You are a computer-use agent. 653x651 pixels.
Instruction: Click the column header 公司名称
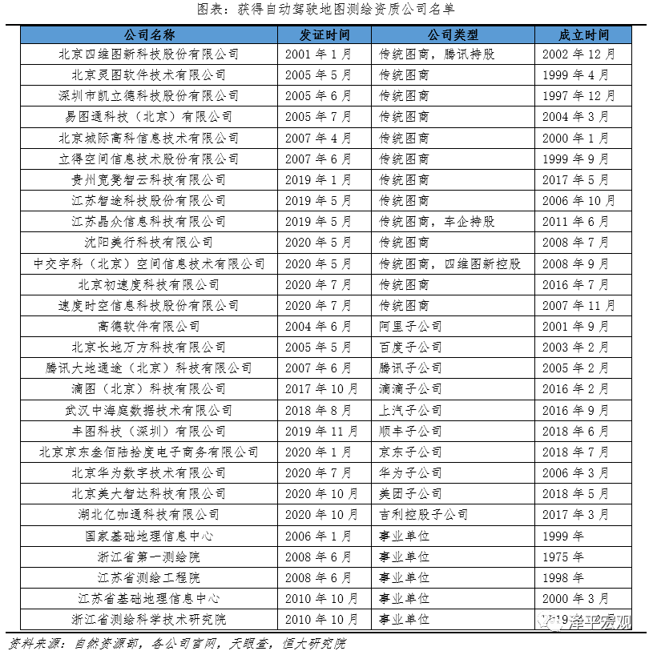(149, 35)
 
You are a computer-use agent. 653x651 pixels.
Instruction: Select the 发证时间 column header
(324, 35)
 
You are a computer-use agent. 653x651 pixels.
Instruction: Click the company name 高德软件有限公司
(149, 326)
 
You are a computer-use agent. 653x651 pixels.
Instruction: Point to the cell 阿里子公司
(410, 326)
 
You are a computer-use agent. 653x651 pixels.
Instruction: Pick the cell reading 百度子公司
(410, 347)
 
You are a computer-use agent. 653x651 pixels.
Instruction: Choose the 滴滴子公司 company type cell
(410, 389)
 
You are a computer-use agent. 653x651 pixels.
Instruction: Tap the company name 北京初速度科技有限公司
(149, 284)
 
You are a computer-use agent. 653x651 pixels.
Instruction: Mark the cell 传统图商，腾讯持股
(437, 54)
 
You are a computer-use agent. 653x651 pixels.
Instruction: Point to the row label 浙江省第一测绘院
(149, 557)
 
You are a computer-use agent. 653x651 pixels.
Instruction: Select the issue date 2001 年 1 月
(318, 54)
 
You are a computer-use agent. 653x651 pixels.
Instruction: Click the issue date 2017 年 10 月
(321, 389)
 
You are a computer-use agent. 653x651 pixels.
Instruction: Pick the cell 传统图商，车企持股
(437, 221)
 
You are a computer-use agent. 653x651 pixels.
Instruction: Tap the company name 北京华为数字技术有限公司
(149, 472)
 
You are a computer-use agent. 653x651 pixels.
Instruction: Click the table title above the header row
(325, 10)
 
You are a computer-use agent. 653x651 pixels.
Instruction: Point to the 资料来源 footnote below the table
(177, 642)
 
